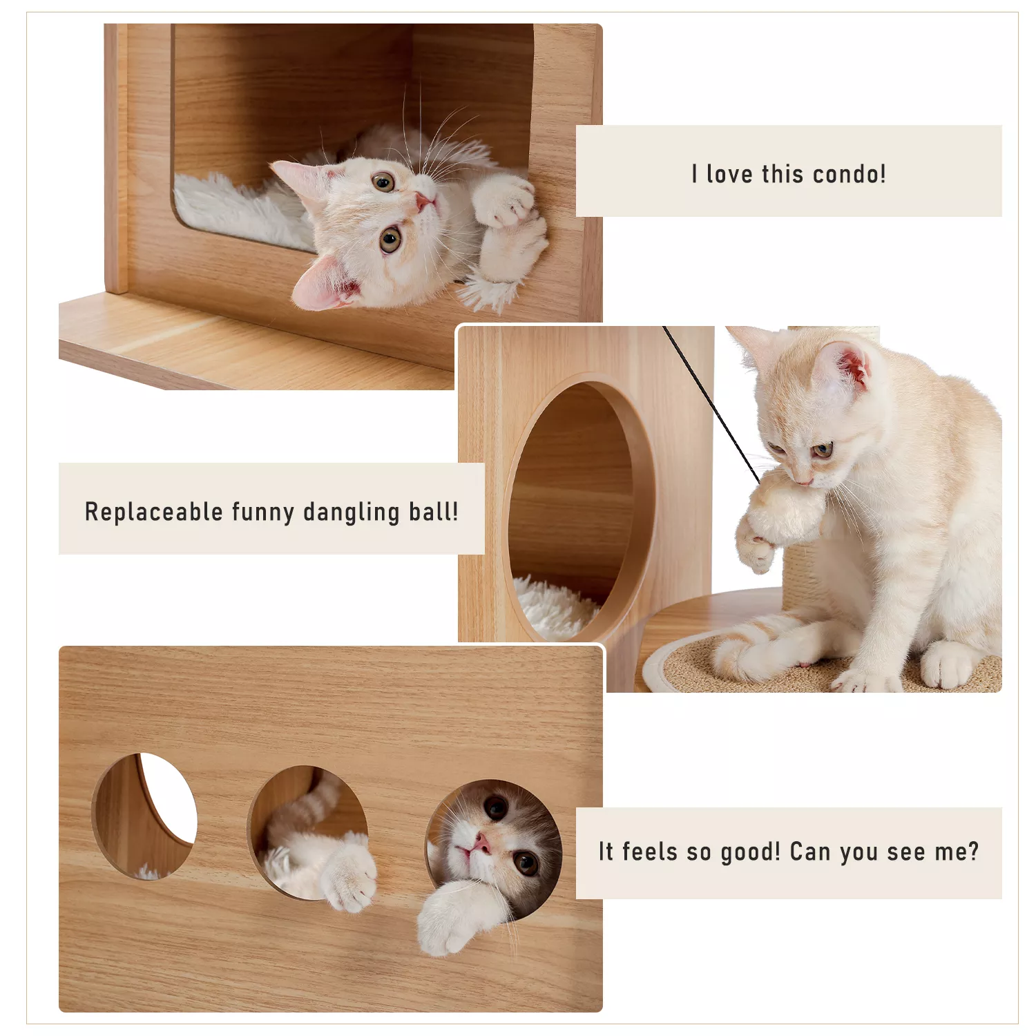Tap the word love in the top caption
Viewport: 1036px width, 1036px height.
coord(729,174)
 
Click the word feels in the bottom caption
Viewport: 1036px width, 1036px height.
coord(649,852)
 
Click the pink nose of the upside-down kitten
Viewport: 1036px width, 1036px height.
coord(423,202)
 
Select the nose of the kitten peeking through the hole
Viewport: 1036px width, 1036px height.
coord(481,843)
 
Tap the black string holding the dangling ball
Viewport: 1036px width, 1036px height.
coord(711,404)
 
